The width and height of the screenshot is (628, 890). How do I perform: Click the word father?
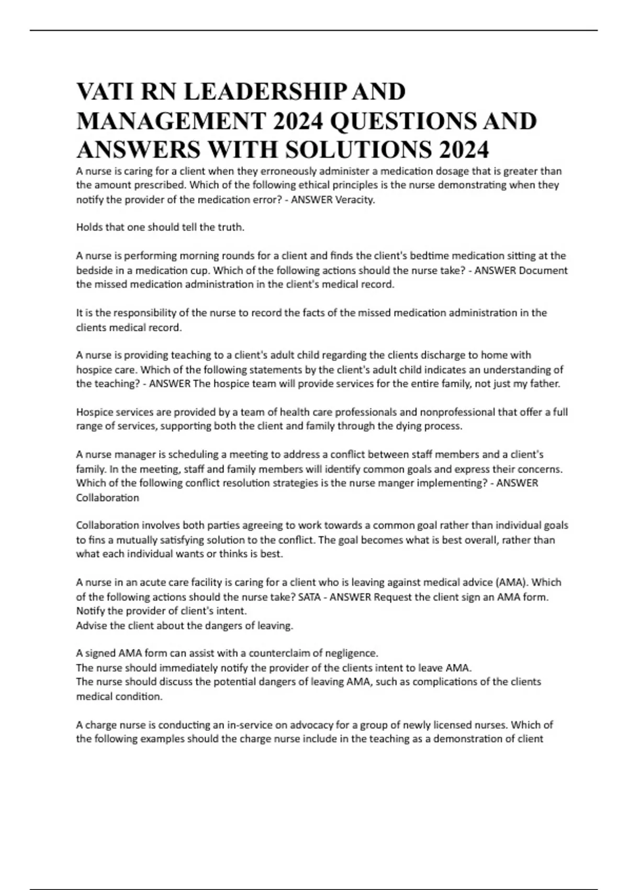545,384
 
